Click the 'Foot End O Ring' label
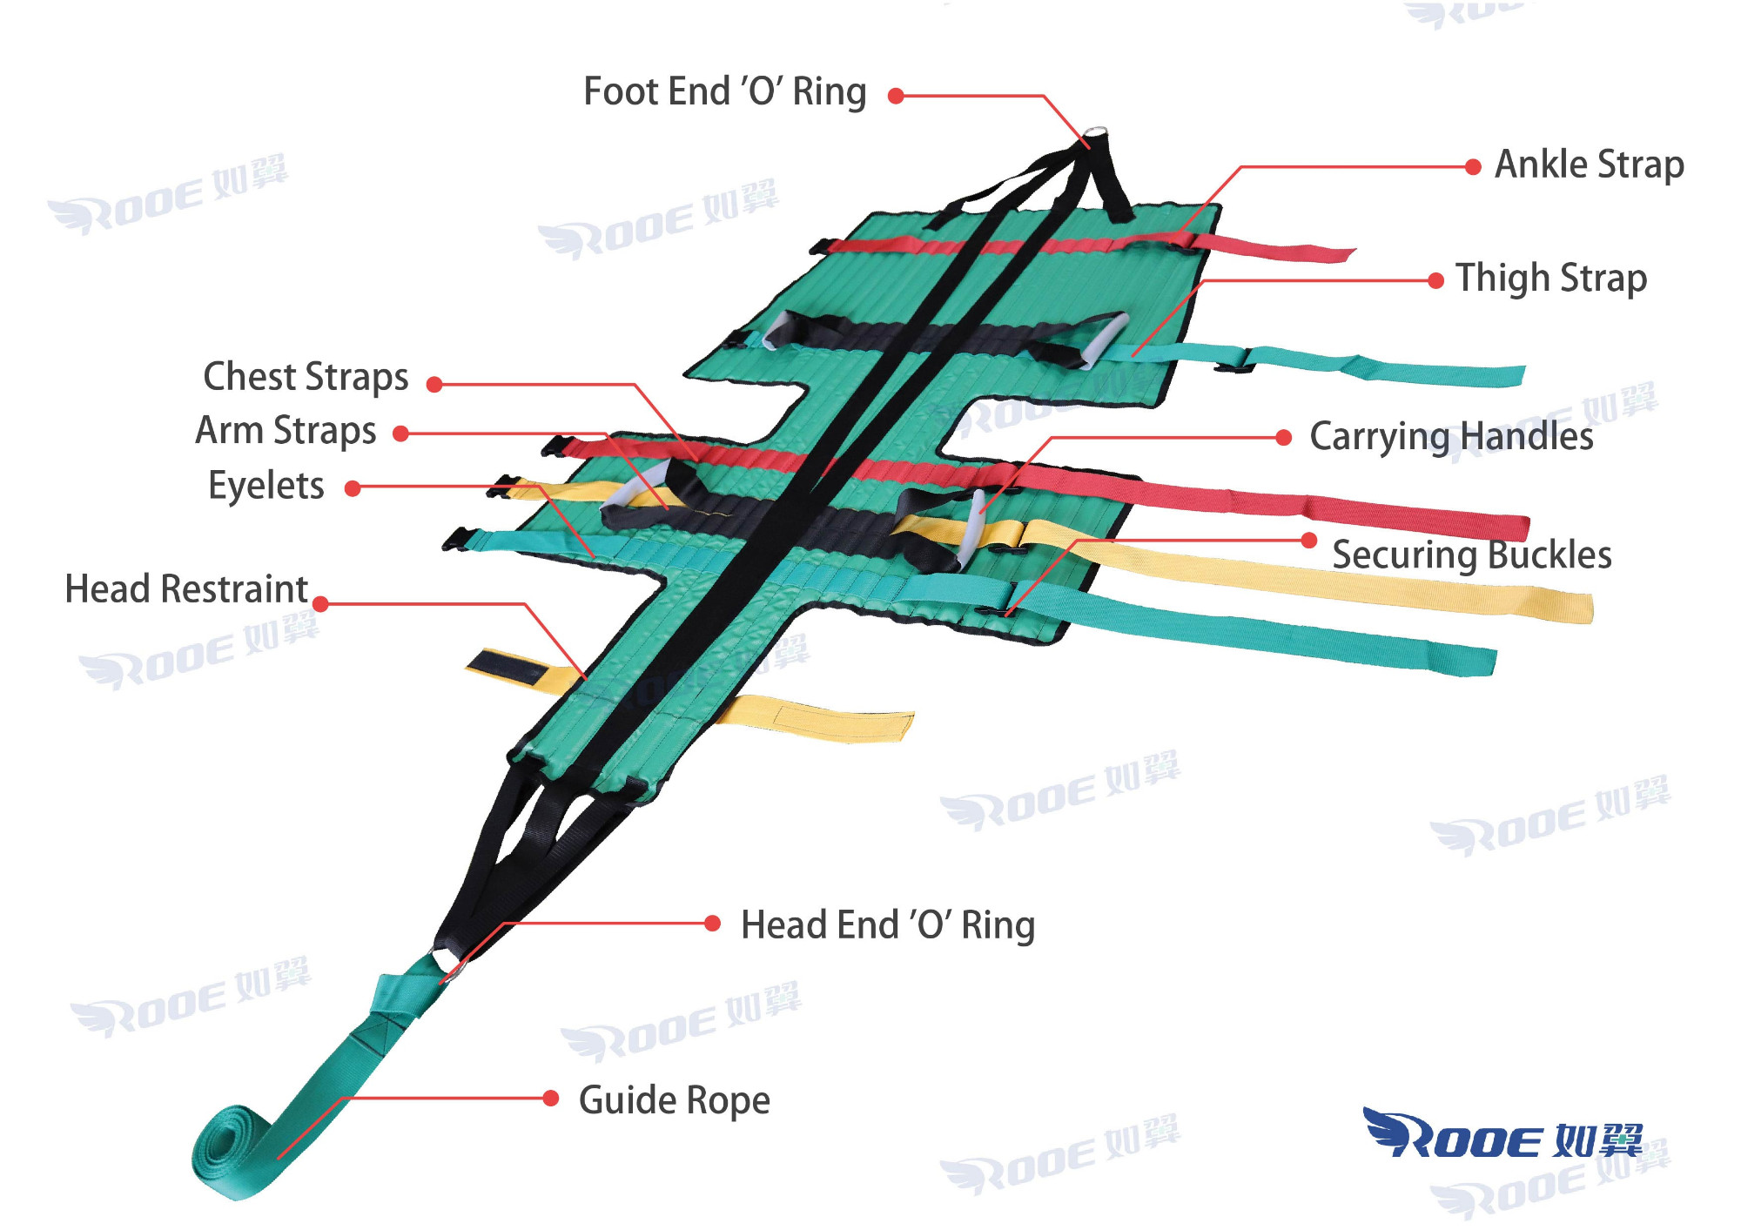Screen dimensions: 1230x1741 click(724, 92)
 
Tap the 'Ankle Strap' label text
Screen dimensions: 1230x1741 click(1589, 165)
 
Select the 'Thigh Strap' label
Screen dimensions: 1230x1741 click(1551, 279)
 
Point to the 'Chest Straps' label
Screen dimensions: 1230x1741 click(306, 377)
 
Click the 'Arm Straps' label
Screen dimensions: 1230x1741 click(286, 431)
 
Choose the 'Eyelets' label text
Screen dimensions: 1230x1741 click(266, 486)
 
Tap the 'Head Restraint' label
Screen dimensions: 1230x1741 click(186, 589)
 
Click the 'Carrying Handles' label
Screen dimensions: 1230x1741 click(1451, 436)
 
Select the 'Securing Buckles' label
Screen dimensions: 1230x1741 click(1471, 555)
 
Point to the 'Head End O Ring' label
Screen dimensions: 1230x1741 click(887, 924)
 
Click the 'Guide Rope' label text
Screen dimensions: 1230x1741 click(674, 1100)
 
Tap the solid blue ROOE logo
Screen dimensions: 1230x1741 click(1502, 1135)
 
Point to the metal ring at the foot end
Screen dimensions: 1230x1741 click(1095, 135)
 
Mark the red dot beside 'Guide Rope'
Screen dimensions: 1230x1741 click(550, 1099)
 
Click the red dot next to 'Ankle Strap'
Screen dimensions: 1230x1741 click(1473, 167)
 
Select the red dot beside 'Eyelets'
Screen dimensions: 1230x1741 click(353, 489)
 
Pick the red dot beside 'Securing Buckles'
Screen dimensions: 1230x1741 click(1308, 541)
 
